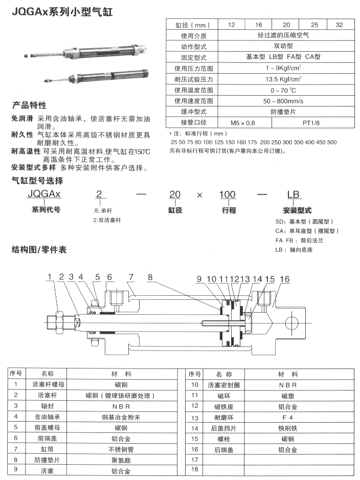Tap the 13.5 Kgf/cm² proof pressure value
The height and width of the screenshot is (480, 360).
coord(283,79)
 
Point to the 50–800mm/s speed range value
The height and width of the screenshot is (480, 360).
coord(283,101)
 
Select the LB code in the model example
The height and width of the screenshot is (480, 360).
coord(293,194)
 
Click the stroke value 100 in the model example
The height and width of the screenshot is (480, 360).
coord(228,194)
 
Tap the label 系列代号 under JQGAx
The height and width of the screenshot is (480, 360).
coord(46,210)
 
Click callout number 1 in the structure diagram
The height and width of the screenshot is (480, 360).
coord(50,278)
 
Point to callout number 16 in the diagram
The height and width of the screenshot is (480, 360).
coord(285,279)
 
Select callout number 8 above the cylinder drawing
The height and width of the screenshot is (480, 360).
coord(150,278)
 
